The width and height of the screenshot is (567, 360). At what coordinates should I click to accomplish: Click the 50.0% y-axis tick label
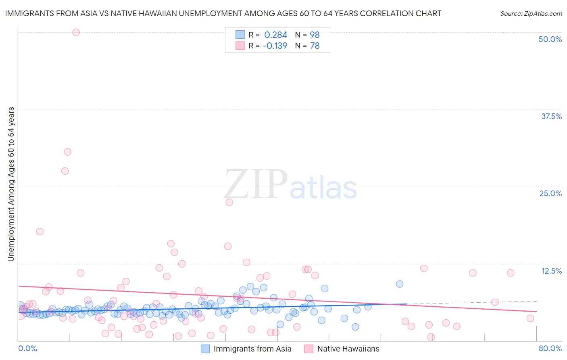[x=550, y=39]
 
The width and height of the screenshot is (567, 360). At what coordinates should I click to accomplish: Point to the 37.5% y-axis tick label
[x=551, y=116]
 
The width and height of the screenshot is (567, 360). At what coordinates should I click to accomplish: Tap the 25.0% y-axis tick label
[x=550, y=193]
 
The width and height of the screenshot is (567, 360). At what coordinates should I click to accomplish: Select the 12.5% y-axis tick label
[x=551, y=271]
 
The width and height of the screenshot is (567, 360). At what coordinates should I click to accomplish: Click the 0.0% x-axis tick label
[x=27, y=348]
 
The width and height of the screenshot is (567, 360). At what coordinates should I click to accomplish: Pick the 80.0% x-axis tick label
[x=550, y=348]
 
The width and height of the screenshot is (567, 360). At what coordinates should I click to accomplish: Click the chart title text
[x=223, y=13]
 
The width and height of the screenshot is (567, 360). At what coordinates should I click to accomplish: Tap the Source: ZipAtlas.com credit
[x=531, y=13]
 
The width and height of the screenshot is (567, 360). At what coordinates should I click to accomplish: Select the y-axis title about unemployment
[x=11, y=184]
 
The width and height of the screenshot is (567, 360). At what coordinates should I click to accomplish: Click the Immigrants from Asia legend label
[x=252, y=349]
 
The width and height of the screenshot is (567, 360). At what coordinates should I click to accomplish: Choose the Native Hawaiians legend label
[x=348, y=349]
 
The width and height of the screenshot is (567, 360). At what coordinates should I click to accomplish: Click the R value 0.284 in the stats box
[x=275, y=35]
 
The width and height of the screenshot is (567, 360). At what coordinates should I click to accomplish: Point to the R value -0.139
[x=275, y=46]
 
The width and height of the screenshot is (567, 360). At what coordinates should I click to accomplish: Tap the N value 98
[x=315, y=35]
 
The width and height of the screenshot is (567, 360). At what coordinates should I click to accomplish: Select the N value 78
[x=315, y=46]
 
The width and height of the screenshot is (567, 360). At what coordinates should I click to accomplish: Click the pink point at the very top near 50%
[x=76, y=32]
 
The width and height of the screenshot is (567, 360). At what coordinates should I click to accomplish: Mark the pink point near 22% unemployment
[x=229, y=202]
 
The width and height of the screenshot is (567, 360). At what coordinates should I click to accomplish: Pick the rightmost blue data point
[x=400, y=284]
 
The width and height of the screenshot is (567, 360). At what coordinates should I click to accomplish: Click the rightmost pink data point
[x=530, y=318]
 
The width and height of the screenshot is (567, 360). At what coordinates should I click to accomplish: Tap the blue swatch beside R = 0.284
[x=240, y=35]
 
